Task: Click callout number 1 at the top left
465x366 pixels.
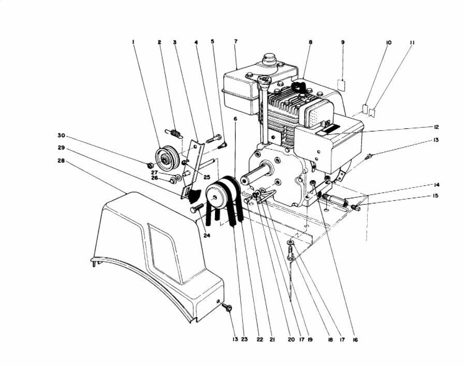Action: pos(133,41)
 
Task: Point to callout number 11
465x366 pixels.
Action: pos(412,41)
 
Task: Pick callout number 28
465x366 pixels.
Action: pos(62,160)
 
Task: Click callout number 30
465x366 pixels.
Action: pos(62,136)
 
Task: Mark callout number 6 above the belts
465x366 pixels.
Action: pos(235,119)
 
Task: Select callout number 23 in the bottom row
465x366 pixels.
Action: pos(244,340)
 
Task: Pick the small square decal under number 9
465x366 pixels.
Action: pos(342,83)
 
